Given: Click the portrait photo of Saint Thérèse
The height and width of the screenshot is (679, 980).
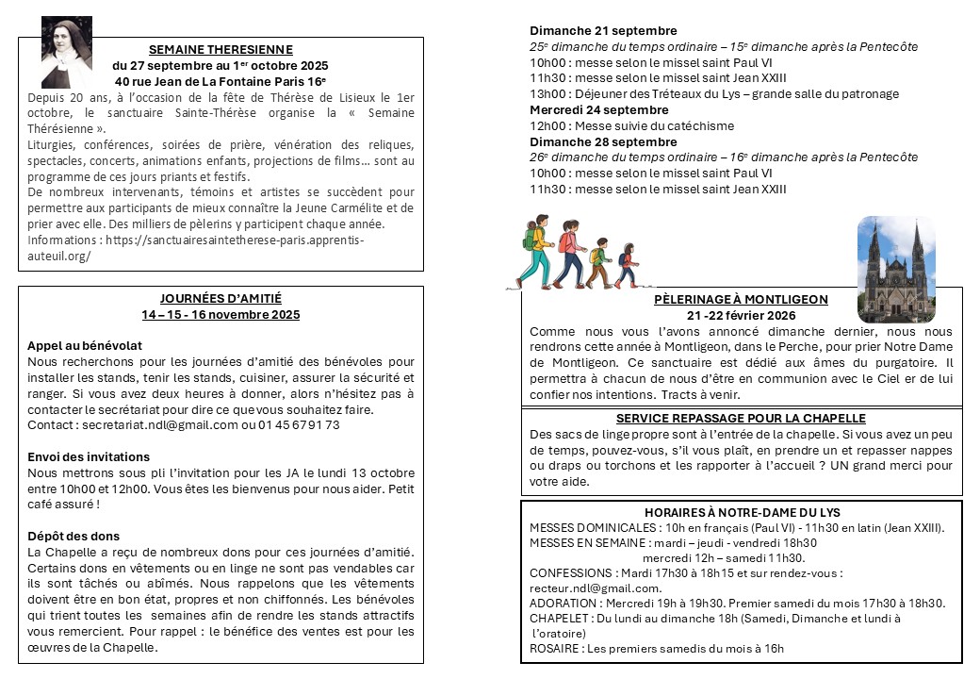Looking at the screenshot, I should coord(67,52).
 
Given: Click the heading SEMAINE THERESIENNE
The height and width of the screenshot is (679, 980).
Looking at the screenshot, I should coord(220,50).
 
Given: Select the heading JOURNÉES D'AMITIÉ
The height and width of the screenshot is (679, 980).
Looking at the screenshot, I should coord(220,299).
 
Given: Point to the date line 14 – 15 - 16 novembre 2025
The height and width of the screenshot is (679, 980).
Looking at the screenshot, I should coord(220,315).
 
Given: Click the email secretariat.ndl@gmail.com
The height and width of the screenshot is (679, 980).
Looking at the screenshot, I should coord(159,425).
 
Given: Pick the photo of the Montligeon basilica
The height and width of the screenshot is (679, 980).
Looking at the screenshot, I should coord(896,270).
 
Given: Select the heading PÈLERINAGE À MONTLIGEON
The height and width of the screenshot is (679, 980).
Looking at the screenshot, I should coord(741,300).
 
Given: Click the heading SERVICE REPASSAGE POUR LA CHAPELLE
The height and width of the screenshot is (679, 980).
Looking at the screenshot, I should coord(741,418).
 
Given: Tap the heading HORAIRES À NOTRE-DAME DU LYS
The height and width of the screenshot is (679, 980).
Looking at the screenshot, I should coord(741,512).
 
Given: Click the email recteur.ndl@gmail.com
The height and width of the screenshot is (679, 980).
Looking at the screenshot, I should coord(596,588).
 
